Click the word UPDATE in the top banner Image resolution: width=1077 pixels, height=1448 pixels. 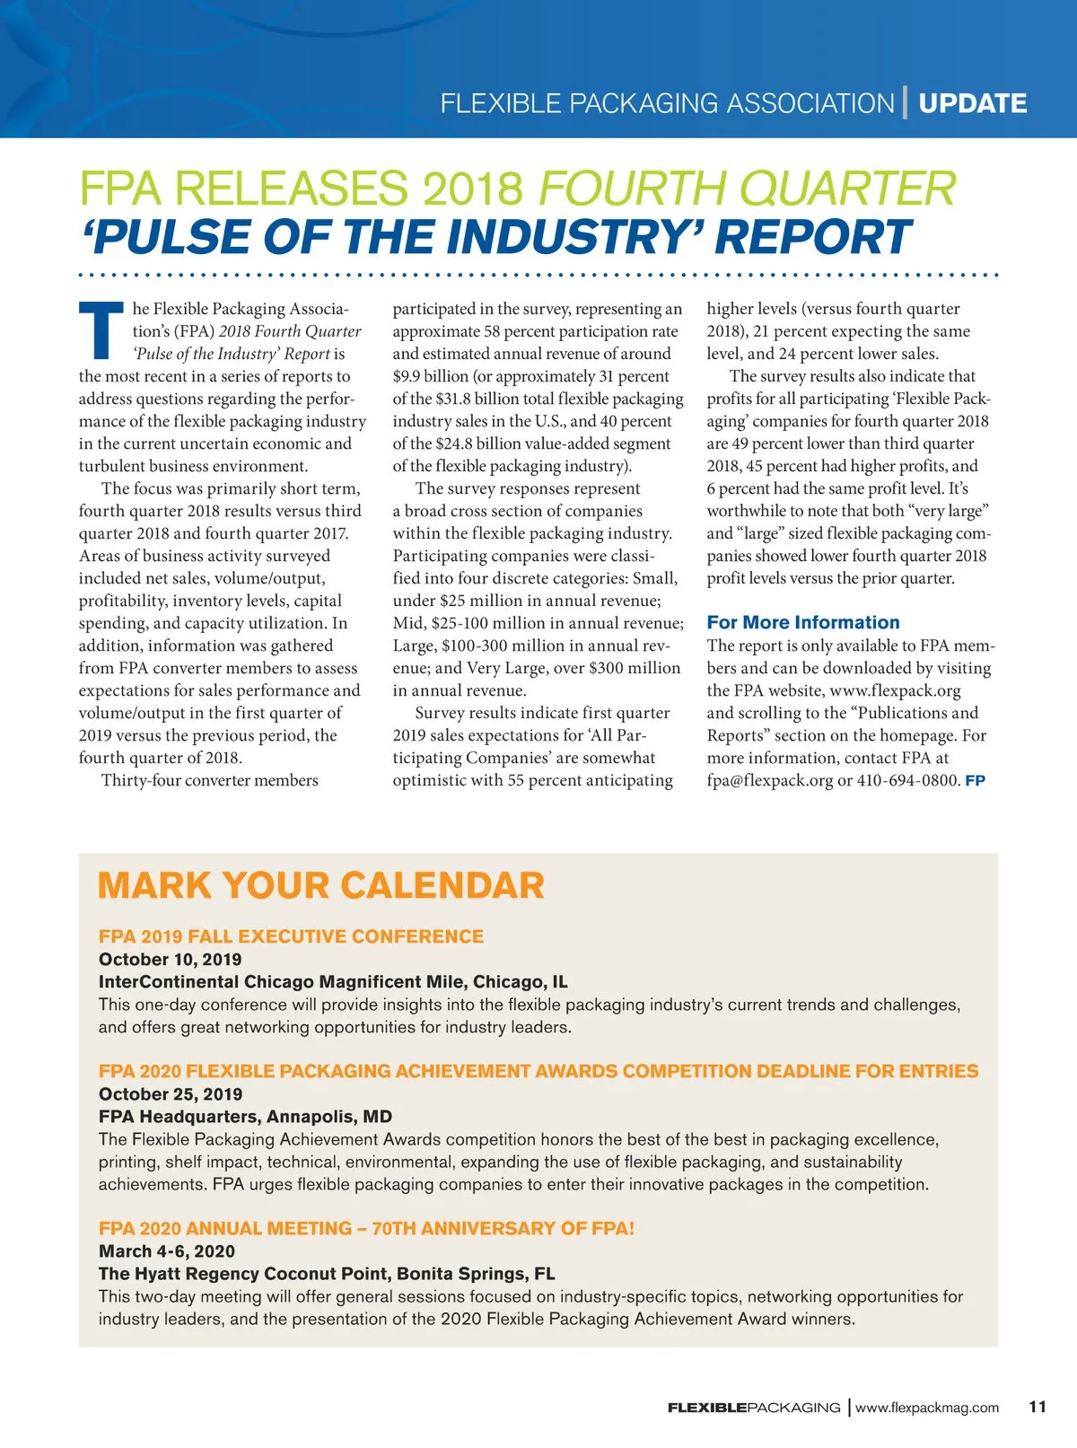click(x=973, y=103)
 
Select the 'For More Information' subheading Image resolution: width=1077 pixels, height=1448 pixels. click(x=802, y=622)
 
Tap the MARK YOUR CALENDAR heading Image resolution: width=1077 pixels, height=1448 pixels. click(x=320, y=885)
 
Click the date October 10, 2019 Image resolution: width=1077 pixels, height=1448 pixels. click(x=170, y=959)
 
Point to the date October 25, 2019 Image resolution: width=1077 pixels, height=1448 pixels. click(x=170, y=1093)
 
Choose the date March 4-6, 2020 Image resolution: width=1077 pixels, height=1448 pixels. click(x=166, y=1251)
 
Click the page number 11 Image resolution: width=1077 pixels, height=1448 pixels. click(x=1038, y=1407)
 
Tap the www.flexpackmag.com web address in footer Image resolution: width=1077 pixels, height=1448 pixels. click(x=926, y=1408)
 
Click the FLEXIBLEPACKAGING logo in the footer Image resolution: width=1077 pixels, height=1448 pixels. click(x=754, y=1408)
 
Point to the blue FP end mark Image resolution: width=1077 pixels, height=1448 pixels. click(x=975, y=781)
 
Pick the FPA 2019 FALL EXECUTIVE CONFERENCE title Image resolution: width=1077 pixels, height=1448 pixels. click(x=291, y=936)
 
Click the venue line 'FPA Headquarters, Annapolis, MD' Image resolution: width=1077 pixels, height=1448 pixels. click(x=245, y=1116)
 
